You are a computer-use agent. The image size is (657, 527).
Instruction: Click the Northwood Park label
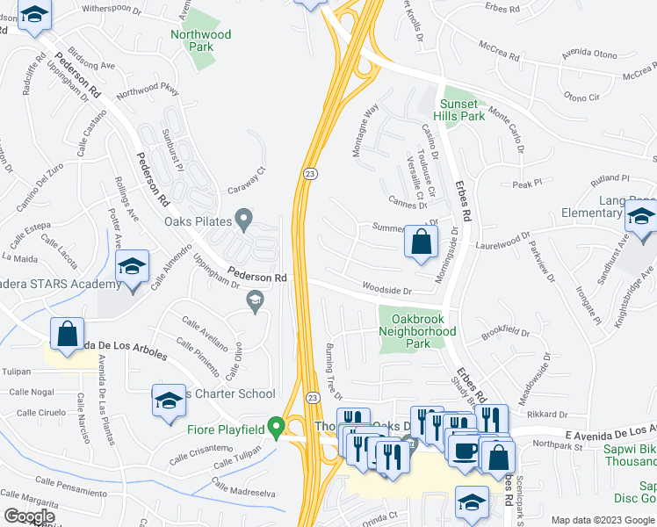201,40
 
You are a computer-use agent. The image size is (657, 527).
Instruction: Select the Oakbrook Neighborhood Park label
417,326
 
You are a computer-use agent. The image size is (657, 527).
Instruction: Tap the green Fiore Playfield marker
277,429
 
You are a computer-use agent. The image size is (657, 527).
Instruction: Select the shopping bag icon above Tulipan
67,334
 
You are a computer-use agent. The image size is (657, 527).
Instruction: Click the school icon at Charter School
168,401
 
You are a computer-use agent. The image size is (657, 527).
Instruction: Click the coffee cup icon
464,450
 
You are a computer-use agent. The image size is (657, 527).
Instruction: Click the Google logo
29,516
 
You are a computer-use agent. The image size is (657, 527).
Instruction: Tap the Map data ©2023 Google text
603,520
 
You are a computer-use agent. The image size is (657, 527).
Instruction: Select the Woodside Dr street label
386,288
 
